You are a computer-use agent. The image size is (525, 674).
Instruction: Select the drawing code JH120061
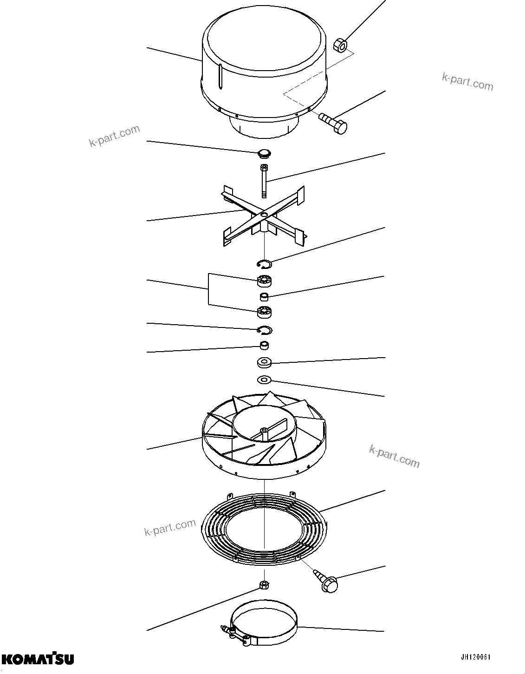[x=475, y=657]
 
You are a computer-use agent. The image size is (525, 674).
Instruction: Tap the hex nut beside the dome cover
[x=340, y=45]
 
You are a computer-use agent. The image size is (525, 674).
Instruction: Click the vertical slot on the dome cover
[x=220, y=77]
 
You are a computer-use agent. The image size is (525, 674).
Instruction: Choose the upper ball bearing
[x=264, y=281]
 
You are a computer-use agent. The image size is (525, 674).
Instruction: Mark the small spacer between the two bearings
[x=264, y=296]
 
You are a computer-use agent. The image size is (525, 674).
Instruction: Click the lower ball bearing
[x=264, y=313]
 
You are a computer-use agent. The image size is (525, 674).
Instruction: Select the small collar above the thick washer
[x=264, y=346]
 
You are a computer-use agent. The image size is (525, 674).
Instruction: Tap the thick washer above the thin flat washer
[x=264, y=362]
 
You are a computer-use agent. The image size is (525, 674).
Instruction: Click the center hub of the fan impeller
[x=264, y=432]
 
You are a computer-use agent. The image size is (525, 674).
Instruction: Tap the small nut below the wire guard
[x=264, y=584]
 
